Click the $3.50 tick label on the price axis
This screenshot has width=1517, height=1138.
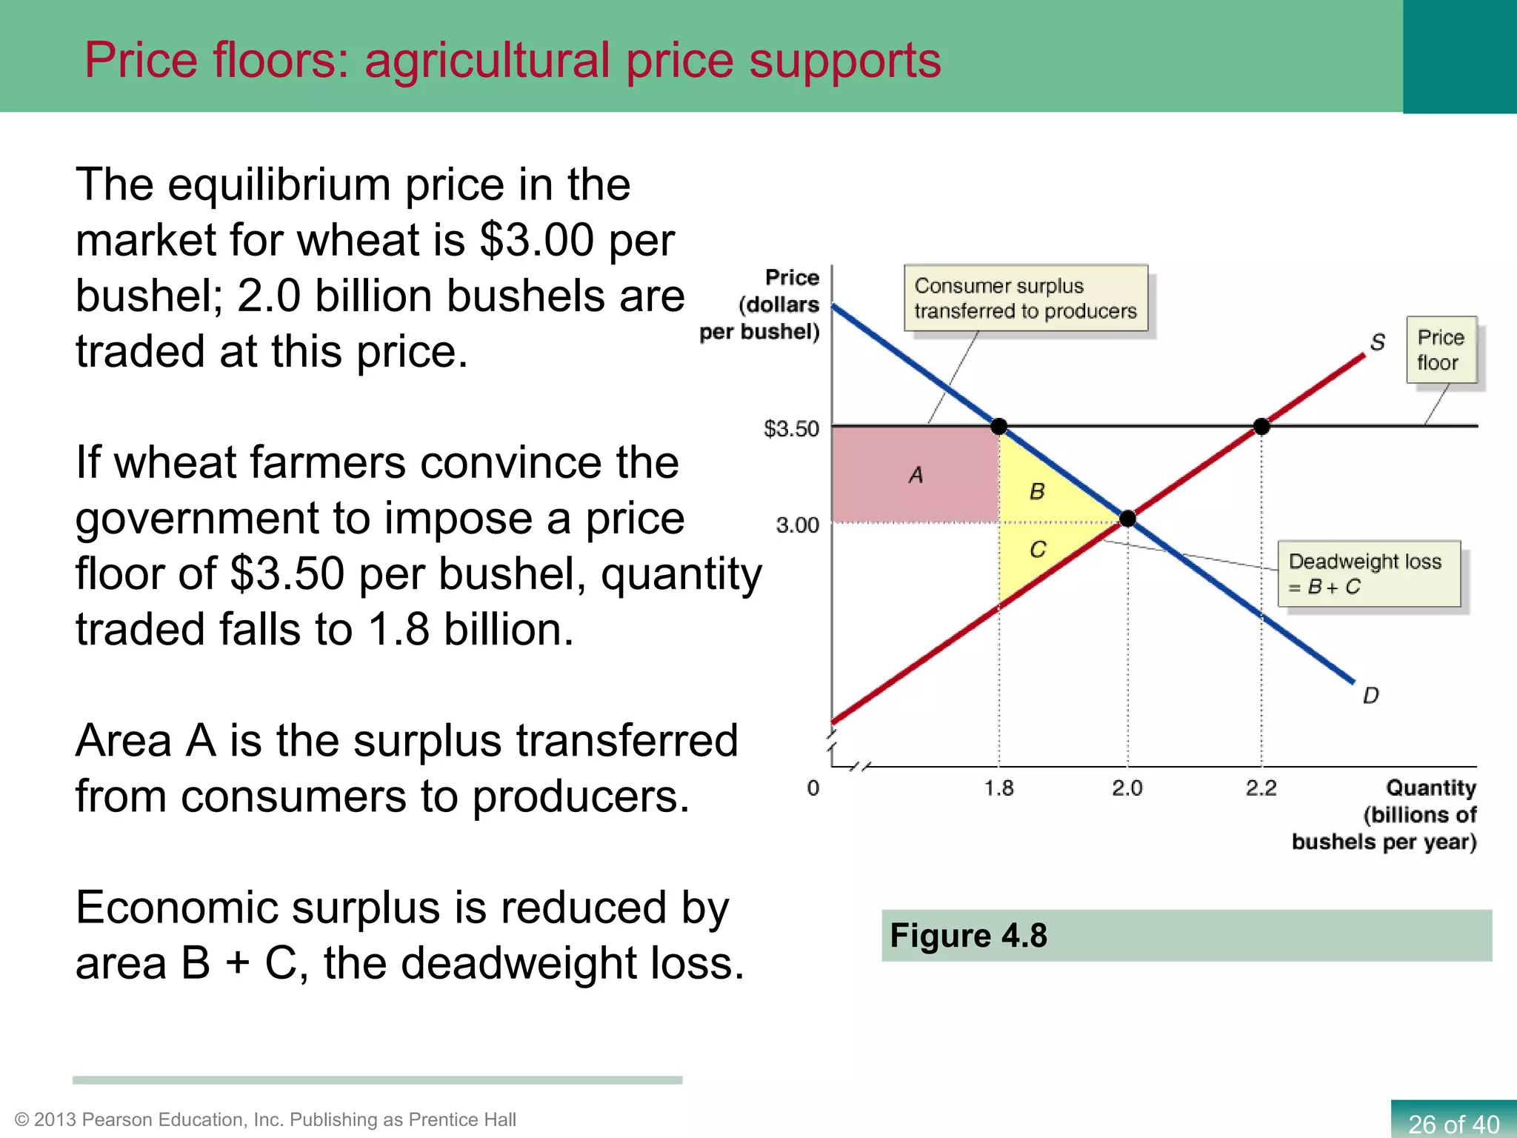(791, 429)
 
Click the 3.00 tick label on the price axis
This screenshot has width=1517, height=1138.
(797, 525)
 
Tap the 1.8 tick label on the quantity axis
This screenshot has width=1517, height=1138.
(998, 788)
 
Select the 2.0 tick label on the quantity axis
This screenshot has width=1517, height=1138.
(1127, 788)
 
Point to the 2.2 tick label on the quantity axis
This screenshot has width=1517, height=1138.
(1261, 788)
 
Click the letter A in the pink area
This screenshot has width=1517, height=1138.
(916, 475)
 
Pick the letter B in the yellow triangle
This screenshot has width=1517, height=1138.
(1037, 491)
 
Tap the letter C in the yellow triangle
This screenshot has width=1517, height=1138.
(1038, 550)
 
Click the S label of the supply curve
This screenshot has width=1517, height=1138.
(1377, 342)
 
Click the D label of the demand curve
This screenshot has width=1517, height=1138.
(1370, 696)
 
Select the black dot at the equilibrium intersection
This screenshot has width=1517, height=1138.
(1127, 519)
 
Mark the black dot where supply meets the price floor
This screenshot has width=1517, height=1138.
(1261, 426)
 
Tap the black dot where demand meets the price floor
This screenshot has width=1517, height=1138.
(998, 426)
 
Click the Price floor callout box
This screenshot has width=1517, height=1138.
(1441, 350)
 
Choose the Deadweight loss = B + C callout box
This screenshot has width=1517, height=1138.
(1369, 574)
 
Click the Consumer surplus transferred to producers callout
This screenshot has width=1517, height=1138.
(1025, 298)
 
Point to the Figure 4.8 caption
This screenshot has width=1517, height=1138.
(968, 936)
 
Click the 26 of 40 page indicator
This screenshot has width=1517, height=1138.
(1453, 1123)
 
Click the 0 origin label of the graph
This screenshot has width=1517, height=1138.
(813, 788)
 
